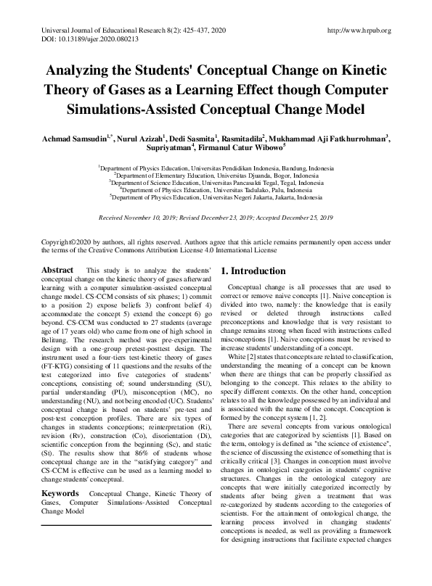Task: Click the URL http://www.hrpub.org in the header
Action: (x=359, y=30)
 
